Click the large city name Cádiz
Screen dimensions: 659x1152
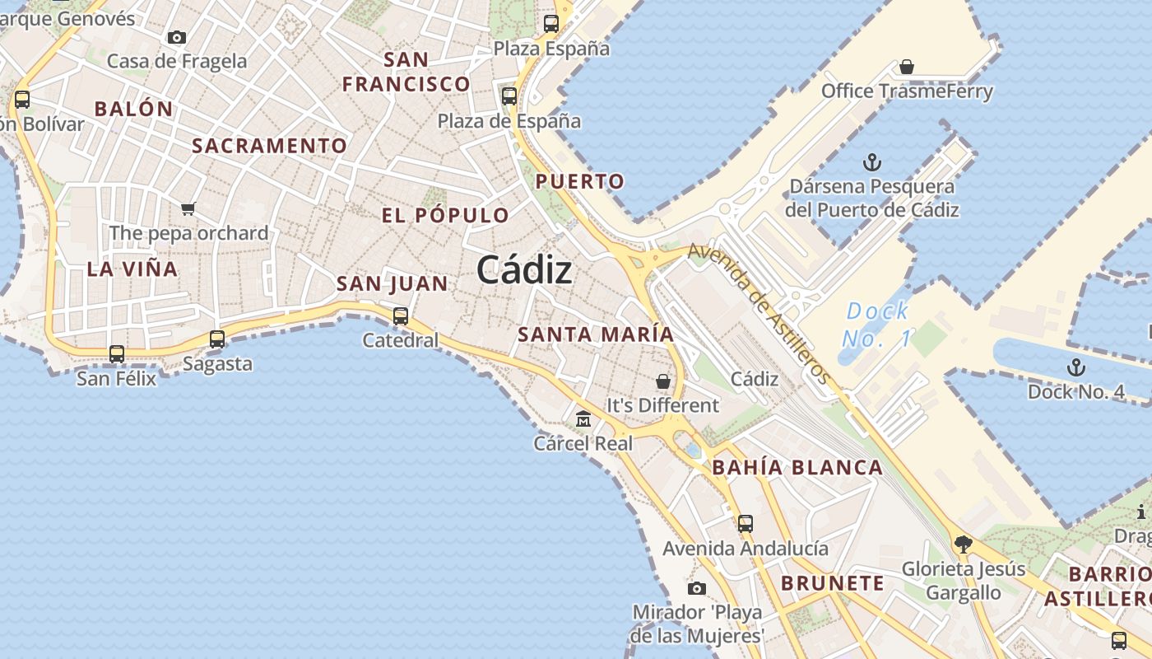pos(524,270)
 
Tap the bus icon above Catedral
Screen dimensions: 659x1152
pos(401,315)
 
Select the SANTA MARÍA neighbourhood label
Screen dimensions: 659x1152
pos(596,334)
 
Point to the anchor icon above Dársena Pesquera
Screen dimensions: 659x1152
pos(871,162)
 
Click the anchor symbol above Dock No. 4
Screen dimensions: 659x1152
pos(1075,367)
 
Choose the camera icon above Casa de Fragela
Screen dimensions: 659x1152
pos(176,37)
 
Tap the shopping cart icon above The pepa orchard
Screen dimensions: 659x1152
pos(188,208)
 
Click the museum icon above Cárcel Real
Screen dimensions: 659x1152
pos(583,419)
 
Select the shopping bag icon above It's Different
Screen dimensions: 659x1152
pos(662,381)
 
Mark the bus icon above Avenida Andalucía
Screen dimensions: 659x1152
pos(746,523)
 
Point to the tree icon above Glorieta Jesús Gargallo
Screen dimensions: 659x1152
pos(963,544)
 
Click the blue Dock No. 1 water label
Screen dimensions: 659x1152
pos(878,324)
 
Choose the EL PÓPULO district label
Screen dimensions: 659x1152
pos(445,216)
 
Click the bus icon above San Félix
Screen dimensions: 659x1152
pos(117,354)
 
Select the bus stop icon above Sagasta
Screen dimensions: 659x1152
pos(217,339)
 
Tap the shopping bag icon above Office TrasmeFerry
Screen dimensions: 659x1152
pos(907,67)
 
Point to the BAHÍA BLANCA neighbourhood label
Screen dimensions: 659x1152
pos(797,468)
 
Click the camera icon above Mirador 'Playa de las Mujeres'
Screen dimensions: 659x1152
pos(697,588)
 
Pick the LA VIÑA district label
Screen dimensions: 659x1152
pos(132,269)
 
